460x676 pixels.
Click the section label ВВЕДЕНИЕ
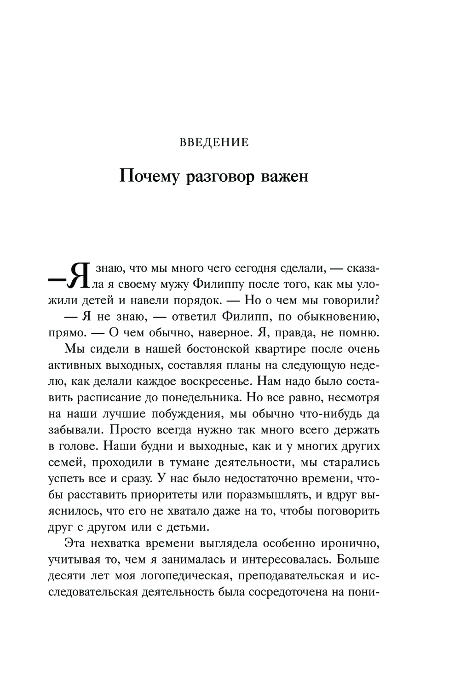[213, 142]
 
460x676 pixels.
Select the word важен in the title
[285, 176]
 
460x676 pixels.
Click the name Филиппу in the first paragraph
[215, 284]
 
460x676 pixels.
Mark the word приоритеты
[180, 494]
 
